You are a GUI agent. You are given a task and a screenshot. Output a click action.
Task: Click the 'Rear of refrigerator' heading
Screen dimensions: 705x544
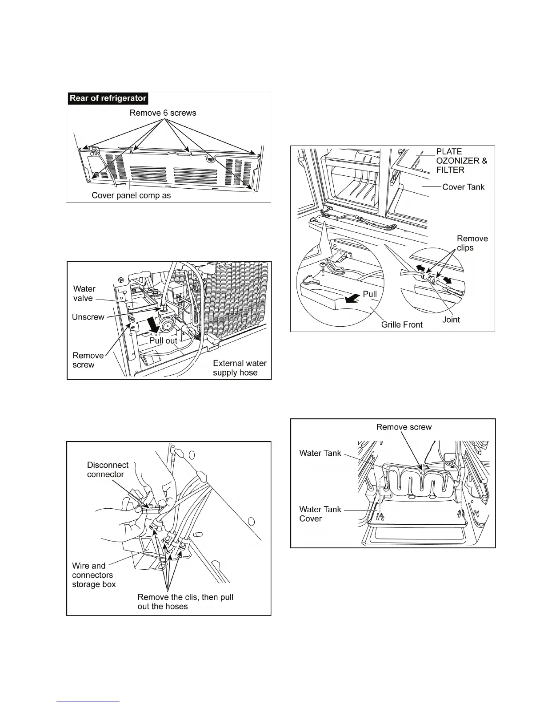(108, 98)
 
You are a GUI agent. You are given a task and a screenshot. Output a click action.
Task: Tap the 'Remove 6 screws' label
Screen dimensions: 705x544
(163, 113)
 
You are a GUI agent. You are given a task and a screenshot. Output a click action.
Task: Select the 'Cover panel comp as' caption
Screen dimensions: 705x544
(131, 195)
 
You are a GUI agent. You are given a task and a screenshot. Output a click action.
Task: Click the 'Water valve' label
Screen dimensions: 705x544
(84, 294)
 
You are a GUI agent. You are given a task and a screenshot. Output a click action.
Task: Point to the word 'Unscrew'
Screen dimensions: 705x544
(88, 317)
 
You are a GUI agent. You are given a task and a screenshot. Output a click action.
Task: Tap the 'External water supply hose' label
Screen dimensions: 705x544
(239, 368)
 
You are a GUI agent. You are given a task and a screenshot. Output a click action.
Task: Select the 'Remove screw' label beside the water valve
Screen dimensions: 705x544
(88, 360)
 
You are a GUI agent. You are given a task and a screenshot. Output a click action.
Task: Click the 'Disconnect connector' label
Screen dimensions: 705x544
(108, 470)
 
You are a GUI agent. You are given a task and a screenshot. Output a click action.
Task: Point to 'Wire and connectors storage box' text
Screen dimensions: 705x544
(94, 575)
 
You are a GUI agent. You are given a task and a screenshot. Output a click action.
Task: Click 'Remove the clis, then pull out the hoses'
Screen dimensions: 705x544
(185, 602)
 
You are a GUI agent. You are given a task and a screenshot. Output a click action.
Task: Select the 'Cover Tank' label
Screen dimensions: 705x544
(463, 187)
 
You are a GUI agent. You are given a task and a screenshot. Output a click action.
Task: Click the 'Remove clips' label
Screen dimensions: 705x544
(472, 243)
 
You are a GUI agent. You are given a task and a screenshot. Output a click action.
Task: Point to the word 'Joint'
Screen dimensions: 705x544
(451, 320)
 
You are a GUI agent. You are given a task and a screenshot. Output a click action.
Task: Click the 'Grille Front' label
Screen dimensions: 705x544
(402, 324)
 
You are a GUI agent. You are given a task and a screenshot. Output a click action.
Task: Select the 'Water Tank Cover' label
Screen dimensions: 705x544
(320, 514)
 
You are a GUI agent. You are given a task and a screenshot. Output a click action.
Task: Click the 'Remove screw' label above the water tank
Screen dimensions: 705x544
(404, 427)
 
